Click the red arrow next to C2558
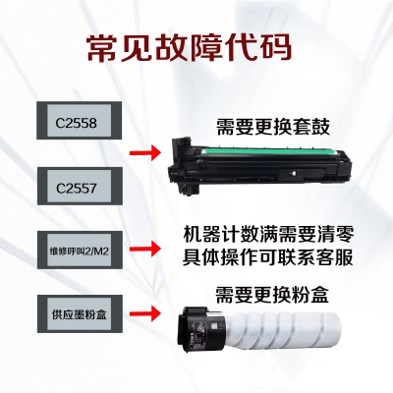pos(146,153)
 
